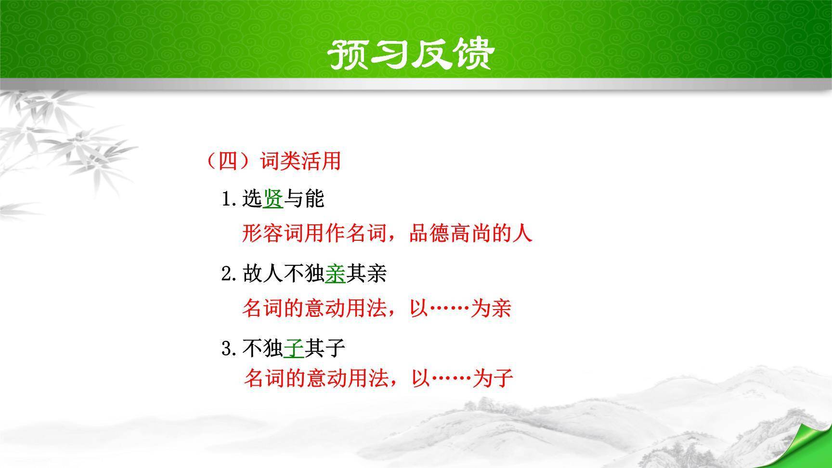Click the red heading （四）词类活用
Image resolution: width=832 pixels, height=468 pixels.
coord(273,161)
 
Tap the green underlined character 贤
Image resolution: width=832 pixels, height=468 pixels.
coord(273,198)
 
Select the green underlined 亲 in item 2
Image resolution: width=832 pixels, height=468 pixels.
coord(336,273)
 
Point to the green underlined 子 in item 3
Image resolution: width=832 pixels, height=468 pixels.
coord(294,348)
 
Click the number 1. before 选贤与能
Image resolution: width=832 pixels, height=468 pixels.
coord(231,199)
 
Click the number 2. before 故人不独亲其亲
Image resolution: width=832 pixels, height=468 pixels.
coord(231,274)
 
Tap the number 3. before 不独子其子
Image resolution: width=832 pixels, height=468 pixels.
coord(231,348)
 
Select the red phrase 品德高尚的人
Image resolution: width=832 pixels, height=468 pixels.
coord(470,234)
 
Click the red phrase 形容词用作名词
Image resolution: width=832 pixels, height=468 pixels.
coord(314,234)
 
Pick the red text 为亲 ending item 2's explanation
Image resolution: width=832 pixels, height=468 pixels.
coord(491,308)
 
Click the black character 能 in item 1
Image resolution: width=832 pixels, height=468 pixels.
coord(314,198)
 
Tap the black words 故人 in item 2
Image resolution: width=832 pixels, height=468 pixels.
coord(263,273)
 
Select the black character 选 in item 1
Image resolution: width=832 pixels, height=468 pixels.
coord(252,198)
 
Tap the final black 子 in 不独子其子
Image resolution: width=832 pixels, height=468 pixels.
coord(335,348)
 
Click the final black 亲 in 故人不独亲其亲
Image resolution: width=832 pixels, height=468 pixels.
coord(377,273)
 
